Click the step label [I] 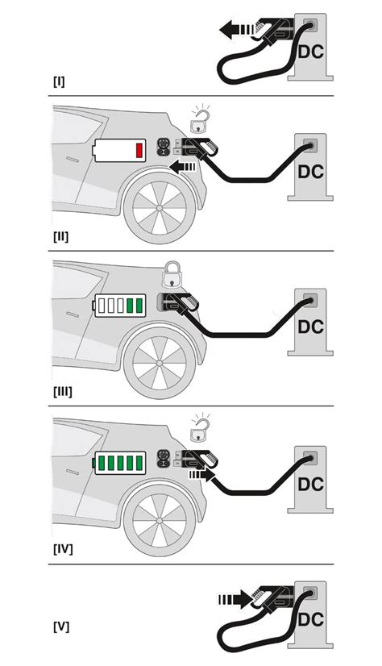[x=60, y=82]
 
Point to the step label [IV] [x=64, y=549]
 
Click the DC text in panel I [x=311, y=50]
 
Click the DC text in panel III [x=311, y=327]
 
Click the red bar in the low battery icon [x=139, y=150]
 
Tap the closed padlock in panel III [x=171, y=276]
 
